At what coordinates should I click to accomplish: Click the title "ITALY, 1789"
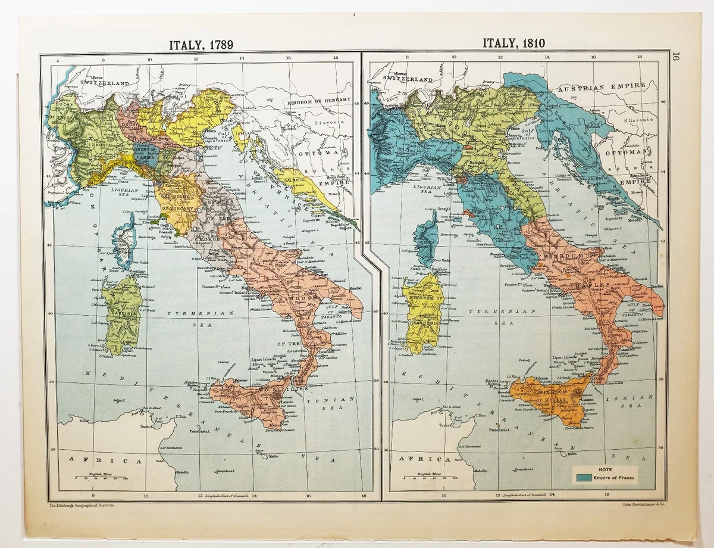tap(201, 45)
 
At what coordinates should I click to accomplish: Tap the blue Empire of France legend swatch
tap(583, 477)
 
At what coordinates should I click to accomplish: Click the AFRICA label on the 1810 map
tap(423, 459)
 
